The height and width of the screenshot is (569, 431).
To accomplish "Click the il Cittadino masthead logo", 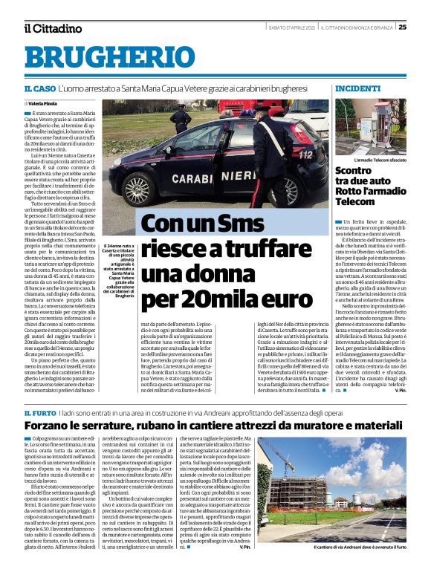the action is pyautogui.click(x=52, y=28).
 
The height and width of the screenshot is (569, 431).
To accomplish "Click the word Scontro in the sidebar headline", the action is pyautogui.click(x=356, y=170).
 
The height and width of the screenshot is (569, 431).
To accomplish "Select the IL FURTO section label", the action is pyautogui.click(x=39, y=412).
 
